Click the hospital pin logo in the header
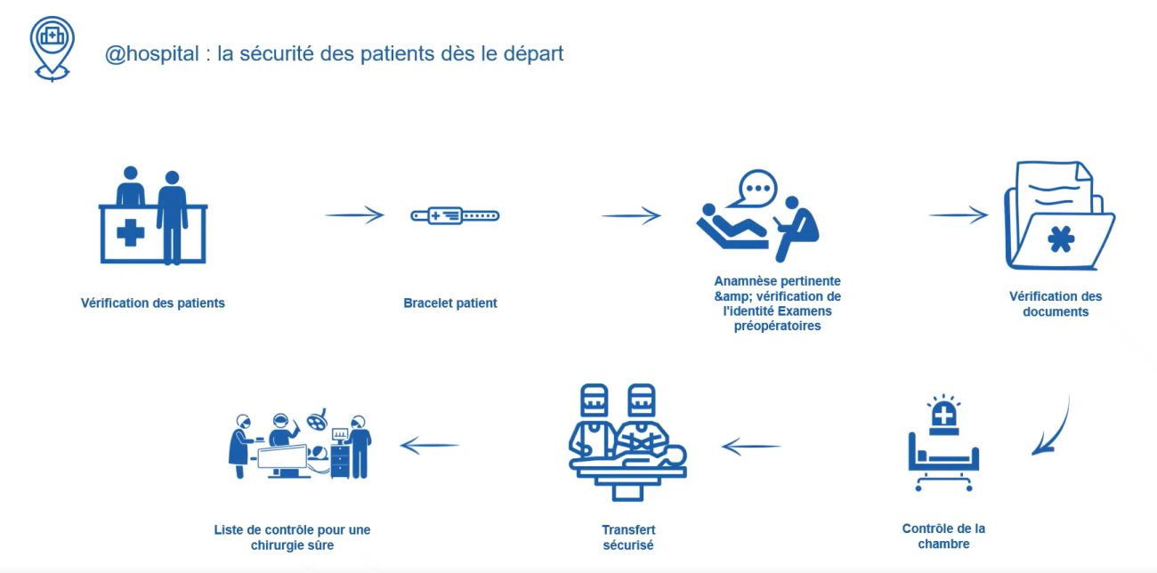[x=52, y=46]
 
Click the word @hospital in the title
[x=151, y=53]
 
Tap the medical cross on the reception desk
[x=131, y=234]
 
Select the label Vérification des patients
[x=153, y=303]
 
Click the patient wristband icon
[x=455, y=215]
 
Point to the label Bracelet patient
[x=450, y=303]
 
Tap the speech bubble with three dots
[x=757, y=188]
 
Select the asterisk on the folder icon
[x=1060, y=239]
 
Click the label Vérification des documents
[x=1056, y=304]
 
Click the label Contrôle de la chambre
[x=943, y=536]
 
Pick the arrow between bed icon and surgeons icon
[x=750, y=446]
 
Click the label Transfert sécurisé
[x=628, y=537]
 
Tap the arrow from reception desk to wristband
[x=354, y=215]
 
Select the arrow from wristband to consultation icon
[x=631, y=215]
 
